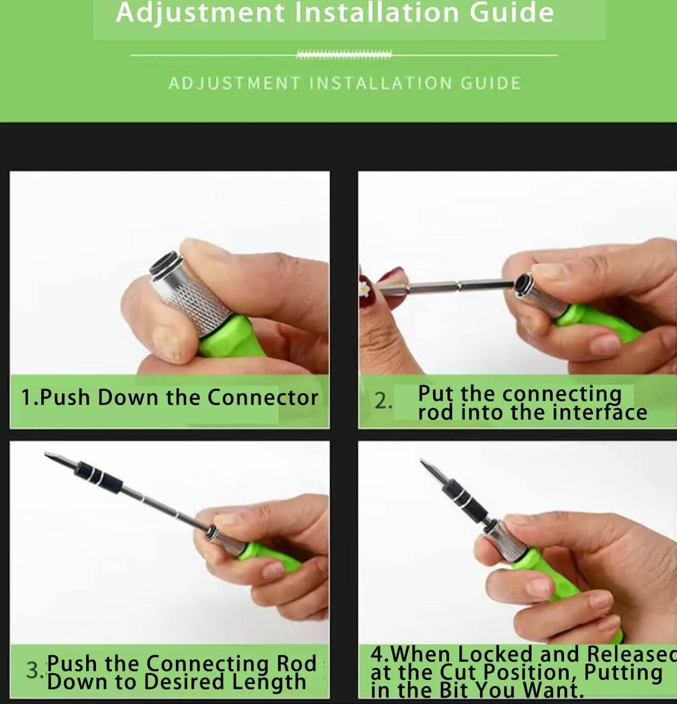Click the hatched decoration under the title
pyautogui.click(x=344, y=55)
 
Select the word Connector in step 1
pyautogui.click(x=263, y=398)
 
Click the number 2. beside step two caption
pyautogui.click(x=383, y=401)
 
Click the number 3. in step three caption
pyautogui.click(x=35, y=670)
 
